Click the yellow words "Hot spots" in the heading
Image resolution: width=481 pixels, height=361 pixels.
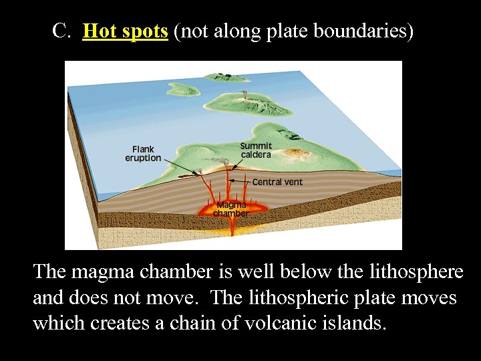(x=125, y=31)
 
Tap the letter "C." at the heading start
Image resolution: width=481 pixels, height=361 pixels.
(x=62, y=31)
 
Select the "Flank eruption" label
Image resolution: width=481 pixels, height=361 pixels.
(x=143, y=154)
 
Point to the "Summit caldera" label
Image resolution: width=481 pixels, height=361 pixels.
(x=256, y=150)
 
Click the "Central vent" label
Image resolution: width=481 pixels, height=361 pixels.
(x=277, y=182)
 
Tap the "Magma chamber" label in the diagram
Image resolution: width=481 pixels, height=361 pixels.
(x=230, y=209)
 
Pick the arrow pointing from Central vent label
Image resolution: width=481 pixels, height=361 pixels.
(x=241, y=181)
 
